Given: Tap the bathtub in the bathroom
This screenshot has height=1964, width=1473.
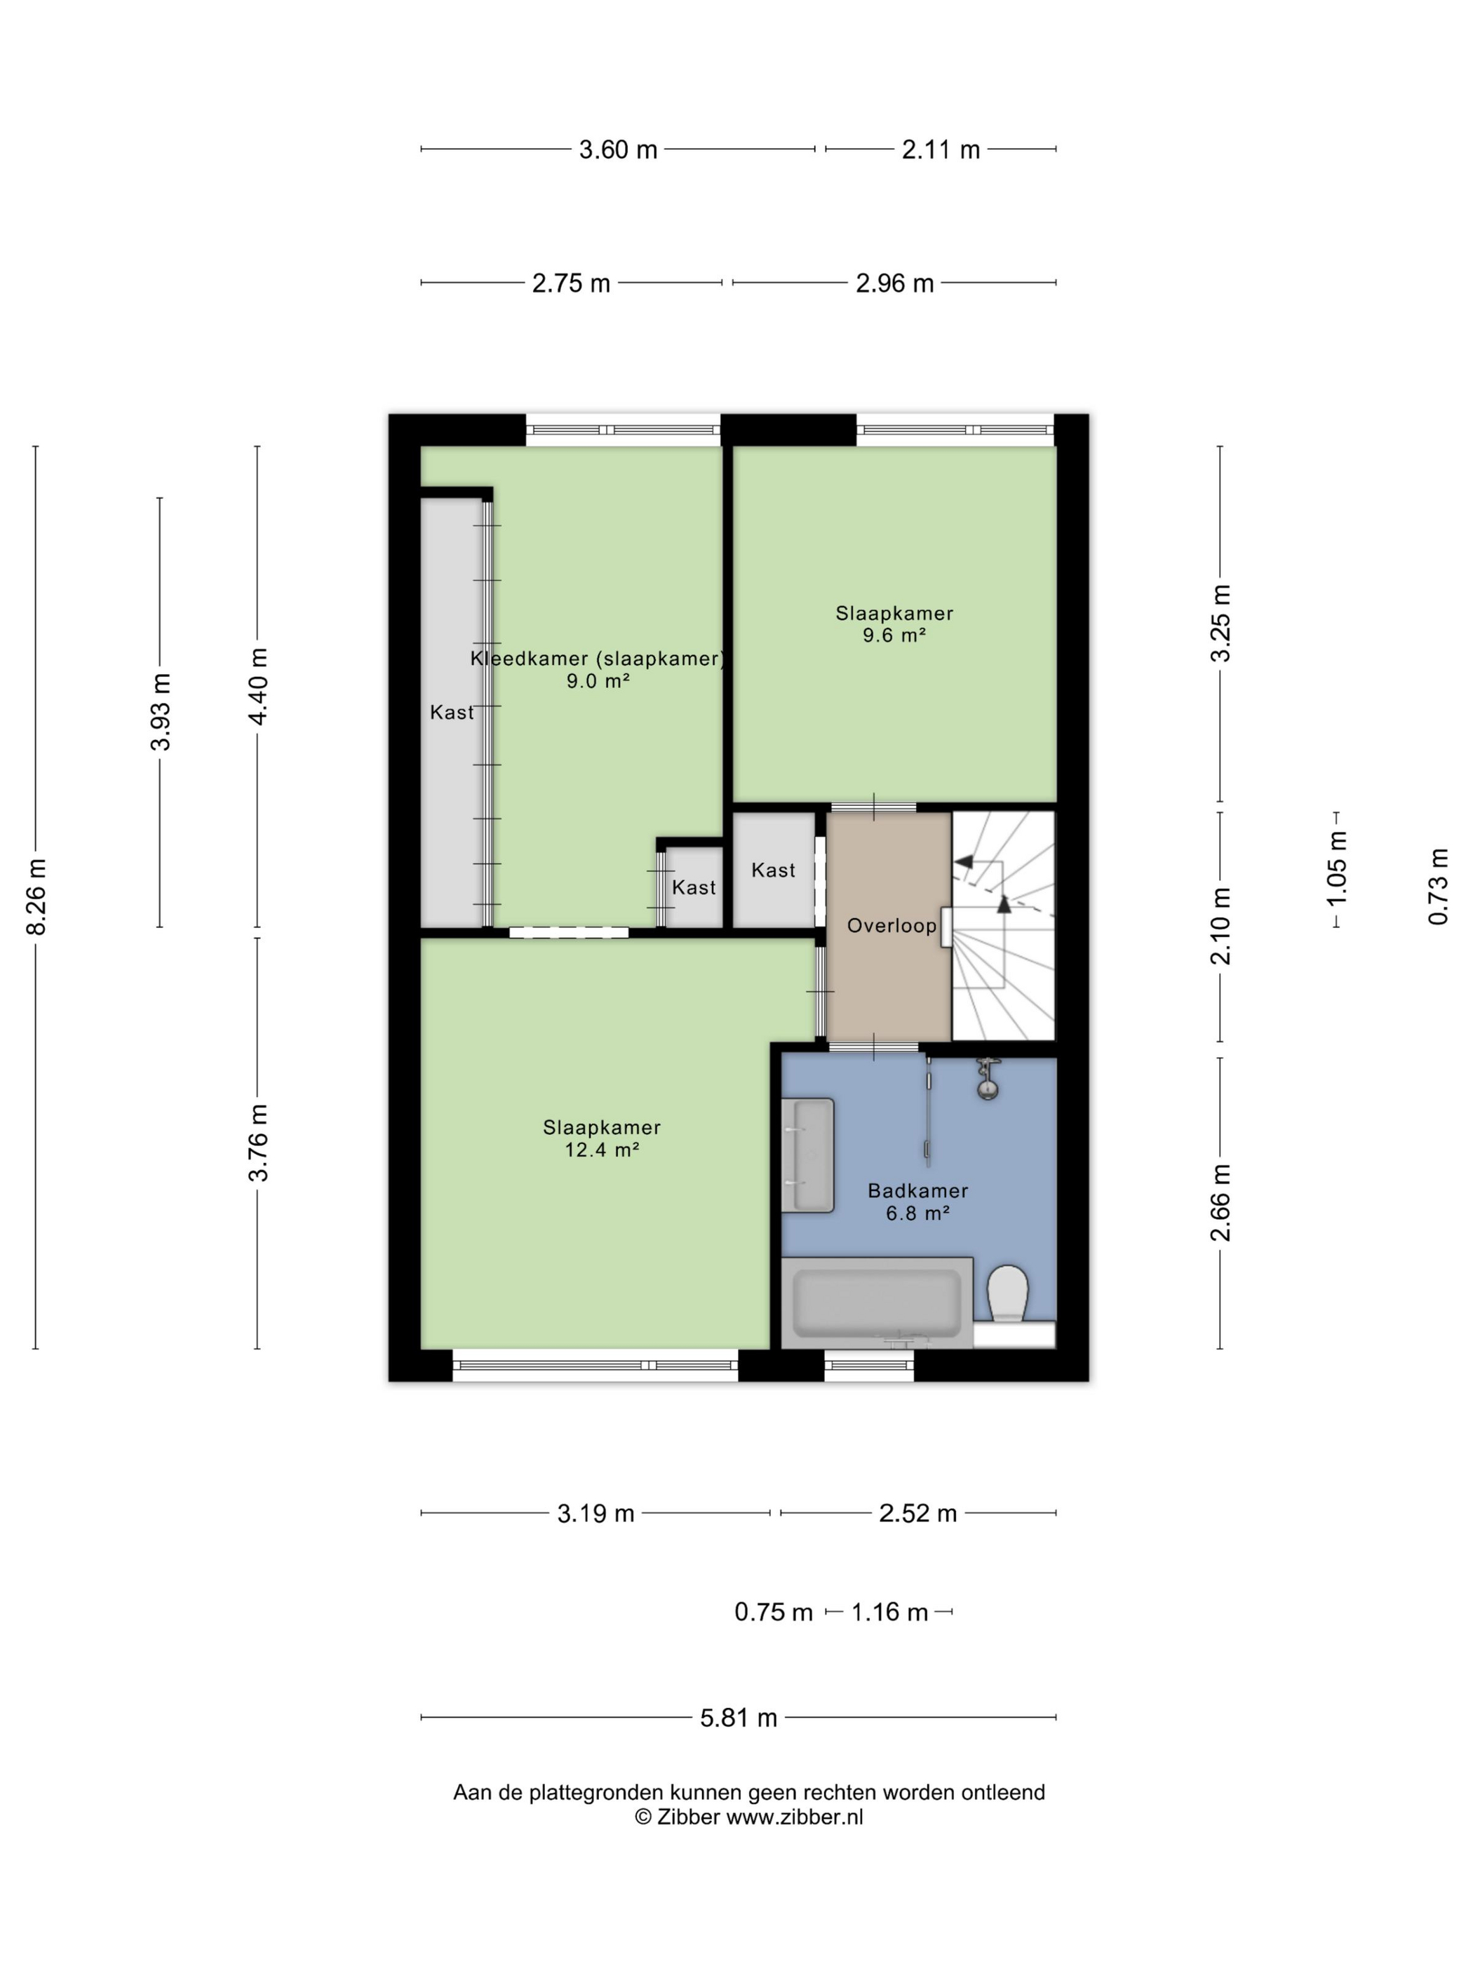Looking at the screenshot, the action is point(876,1302).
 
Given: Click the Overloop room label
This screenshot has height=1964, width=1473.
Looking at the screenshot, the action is point(892,925).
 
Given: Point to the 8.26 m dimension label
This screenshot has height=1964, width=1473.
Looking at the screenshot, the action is point(36,896).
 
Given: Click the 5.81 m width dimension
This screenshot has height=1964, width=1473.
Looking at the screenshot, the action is point(738,1717).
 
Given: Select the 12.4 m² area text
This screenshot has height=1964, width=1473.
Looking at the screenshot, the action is point(603,1150).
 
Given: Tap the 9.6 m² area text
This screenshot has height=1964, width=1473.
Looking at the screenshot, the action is point(894,635).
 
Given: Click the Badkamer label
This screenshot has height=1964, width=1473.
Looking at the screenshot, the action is point(918,1190).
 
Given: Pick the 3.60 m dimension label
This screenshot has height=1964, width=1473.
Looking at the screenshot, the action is point(618,150).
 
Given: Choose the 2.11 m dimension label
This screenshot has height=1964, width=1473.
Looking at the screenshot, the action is point(941,150).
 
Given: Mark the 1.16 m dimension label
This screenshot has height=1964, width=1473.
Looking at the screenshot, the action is point(889,1611).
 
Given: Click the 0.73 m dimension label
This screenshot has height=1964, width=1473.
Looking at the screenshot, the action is point(1439,886).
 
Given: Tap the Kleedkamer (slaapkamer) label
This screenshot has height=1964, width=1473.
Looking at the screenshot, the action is point(598,659).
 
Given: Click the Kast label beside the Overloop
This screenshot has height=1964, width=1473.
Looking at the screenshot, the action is point(774,870).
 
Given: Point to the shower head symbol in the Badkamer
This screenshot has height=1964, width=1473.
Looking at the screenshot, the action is point(988,1079).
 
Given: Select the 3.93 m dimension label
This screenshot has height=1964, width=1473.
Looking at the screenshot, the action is point(161,712).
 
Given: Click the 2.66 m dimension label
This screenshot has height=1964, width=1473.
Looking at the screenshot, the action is point(1222,1203).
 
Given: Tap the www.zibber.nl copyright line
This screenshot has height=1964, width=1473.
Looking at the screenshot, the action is point(748,1817).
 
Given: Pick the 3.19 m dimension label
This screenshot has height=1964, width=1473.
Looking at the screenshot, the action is point(596,1513).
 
